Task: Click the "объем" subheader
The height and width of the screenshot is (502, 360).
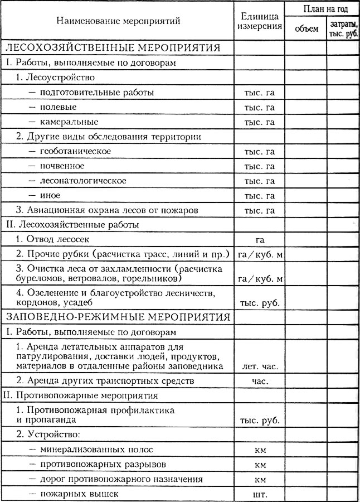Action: [305, 29]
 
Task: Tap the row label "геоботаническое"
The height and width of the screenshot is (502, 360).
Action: [75, 151]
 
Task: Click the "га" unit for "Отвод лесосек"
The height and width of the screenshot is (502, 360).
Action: [259, 240]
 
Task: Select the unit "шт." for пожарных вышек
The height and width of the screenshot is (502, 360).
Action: [259, 494]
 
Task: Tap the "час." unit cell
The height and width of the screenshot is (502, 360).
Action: [259, 382]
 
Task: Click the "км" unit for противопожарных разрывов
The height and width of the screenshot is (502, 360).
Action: [259, 464]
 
